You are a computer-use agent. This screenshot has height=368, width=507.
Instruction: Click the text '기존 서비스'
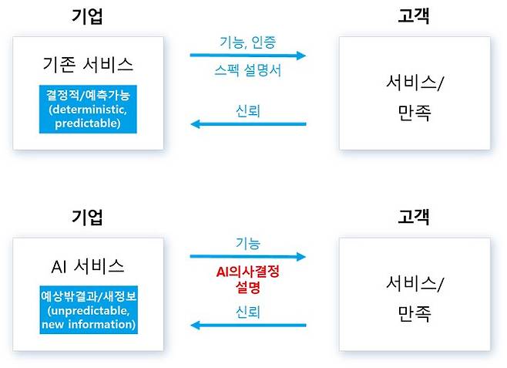(x=86, y=64)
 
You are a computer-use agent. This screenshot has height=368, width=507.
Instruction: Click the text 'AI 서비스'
(x=86, y=267)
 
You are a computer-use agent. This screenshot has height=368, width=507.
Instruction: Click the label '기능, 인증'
(x=247, y=41)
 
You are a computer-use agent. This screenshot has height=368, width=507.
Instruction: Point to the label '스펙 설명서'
(x=248, y=70)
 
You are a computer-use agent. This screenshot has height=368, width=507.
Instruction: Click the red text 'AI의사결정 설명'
(x=248, y=279)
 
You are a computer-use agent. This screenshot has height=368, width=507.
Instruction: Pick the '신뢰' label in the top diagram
(x=248, y=110)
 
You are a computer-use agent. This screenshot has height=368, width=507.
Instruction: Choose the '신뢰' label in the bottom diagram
(x=248, y=312)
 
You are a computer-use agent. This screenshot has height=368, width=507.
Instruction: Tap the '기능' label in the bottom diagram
(x=248, y=242)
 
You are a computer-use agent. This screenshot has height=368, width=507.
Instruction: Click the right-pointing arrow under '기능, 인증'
(x=248, y=56)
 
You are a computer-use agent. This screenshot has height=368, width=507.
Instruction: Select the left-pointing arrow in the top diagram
(x=248, y=123)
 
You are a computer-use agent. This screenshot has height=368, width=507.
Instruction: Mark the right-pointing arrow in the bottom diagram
(x=248, y=257)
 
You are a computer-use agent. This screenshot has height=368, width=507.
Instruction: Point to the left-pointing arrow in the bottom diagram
(x=248, y=325)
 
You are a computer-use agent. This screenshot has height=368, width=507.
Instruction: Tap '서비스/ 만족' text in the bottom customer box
(x=415, y=298)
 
